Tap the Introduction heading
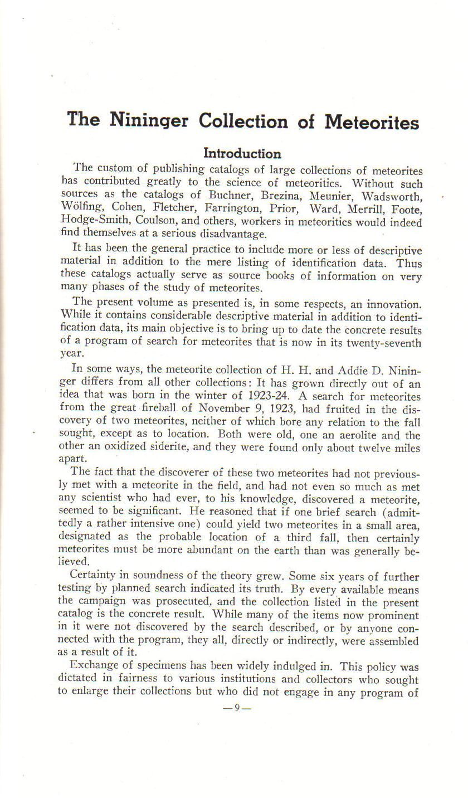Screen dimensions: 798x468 point(242,153)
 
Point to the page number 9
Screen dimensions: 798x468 point(237,708)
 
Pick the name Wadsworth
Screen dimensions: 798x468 point(392,197)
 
